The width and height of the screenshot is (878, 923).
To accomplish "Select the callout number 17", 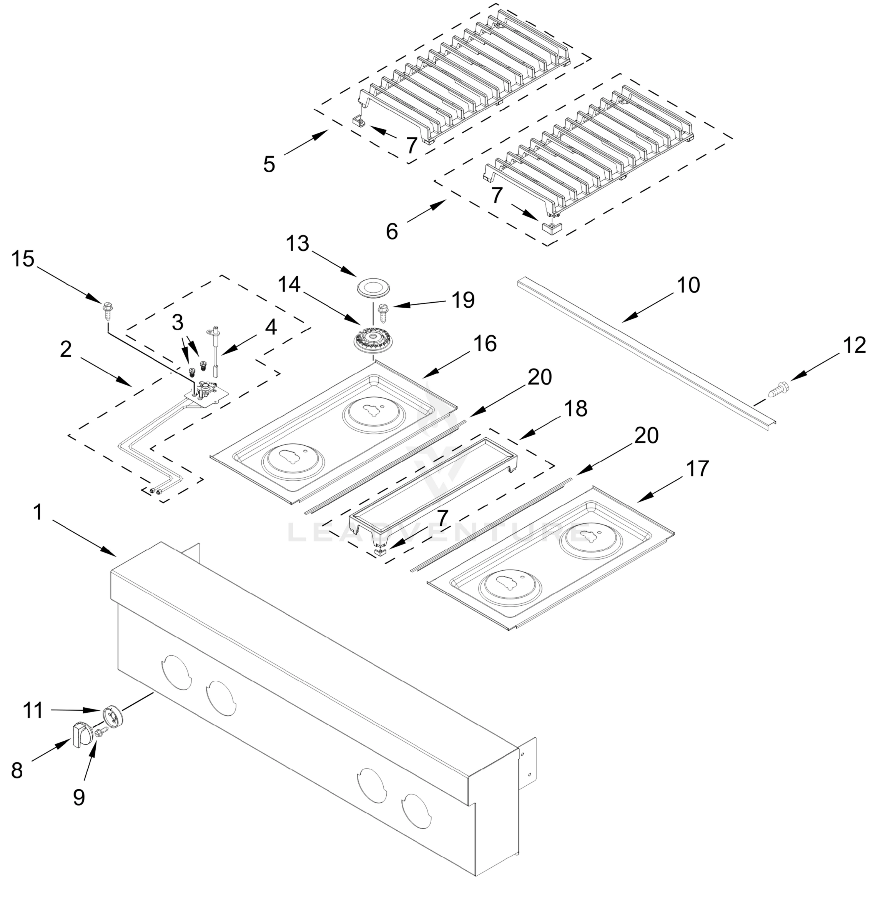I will click(697, 468).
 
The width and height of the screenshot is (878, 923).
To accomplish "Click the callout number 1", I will click(38, 512).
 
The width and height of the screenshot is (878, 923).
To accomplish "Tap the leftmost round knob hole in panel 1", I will click(176, 673).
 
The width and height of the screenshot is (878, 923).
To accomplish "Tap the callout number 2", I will click(66, 349).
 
